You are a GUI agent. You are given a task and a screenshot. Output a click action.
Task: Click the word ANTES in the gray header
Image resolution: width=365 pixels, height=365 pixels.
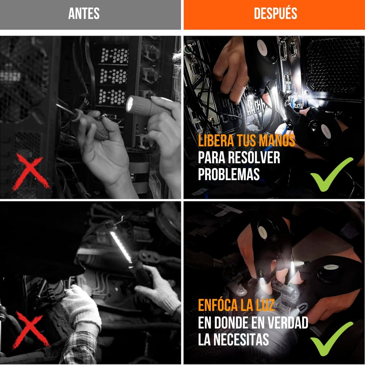84,14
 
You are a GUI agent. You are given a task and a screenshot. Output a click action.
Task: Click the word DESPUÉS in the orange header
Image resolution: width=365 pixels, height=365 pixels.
275,13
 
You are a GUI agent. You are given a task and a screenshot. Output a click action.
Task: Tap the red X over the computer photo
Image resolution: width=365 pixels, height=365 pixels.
31,172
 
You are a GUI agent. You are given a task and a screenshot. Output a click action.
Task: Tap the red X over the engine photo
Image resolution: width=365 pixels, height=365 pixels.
30,331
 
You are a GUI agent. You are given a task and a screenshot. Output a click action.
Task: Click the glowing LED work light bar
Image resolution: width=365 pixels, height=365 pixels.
121,247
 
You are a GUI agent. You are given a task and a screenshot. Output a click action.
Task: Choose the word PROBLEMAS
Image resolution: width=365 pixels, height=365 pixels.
229,174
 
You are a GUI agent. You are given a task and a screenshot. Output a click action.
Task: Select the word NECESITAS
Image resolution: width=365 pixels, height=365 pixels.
241,339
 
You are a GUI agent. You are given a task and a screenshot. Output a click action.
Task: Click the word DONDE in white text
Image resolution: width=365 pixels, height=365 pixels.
234,322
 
